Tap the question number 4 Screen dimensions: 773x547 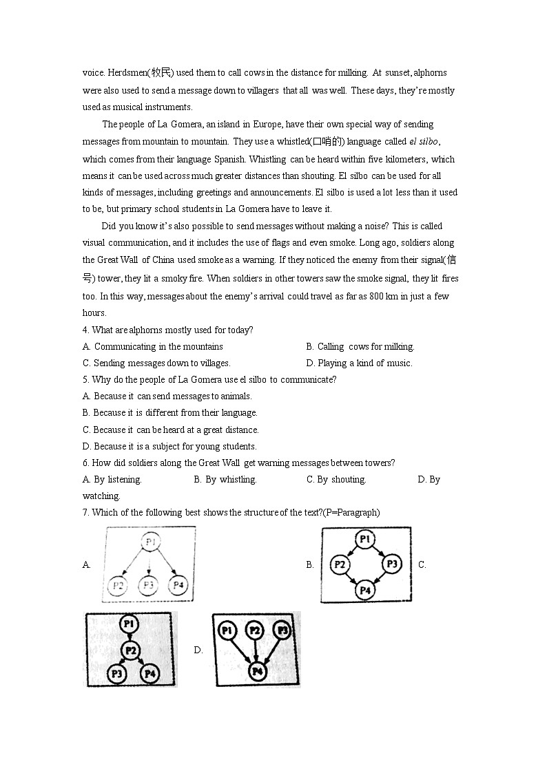click(x=85, y=330)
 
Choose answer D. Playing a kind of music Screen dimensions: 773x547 click(x=359, y=363)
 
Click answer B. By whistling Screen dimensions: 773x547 click(x=225, y=480)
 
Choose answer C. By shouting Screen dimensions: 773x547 click(x=336, y=480)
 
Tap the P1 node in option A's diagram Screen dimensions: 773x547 click(x=150, y=542)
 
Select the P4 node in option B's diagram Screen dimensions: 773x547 click(x=365, y=590)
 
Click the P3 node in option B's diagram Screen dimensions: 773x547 click(x=391, y=564)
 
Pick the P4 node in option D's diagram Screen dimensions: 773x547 click(x=257, y=671)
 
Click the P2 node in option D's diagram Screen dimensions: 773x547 click(x=254, y=631)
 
